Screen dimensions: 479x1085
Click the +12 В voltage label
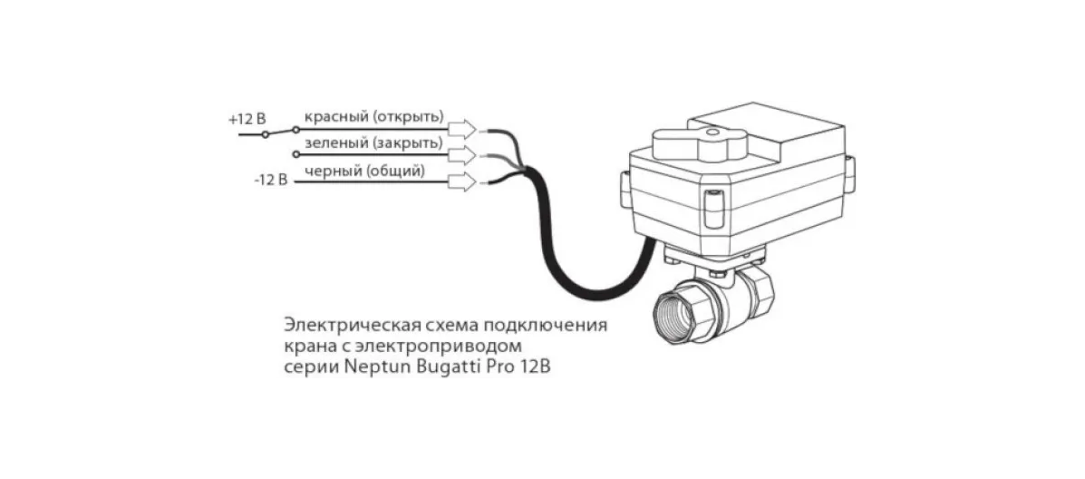point(247,119)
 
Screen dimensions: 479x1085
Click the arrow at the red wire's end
point(462,128)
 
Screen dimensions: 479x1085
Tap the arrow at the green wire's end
point(462,155)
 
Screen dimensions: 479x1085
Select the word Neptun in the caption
point(379,368)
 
